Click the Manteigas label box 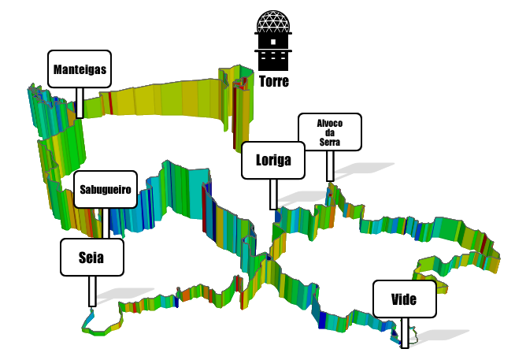coord(80,69)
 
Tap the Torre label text coord(273,81)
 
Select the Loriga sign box coord(273,161)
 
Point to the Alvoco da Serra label coord(330,132)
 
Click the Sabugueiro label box coord(105,189)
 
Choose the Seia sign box coord(92,258)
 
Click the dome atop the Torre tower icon coord(273,22)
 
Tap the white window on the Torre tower coord(273,42)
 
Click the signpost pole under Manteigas coord(80,102)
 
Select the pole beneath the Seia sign coord(92,291)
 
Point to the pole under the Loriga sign coord(273,195)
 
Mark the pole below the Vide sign coord(405,332)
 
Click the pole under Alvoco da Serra coord(330,165)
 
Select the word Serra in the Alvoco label coord(330,142)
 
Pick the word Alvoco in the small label coord(330,124)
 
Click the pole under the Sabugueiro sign coord(104,222)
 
